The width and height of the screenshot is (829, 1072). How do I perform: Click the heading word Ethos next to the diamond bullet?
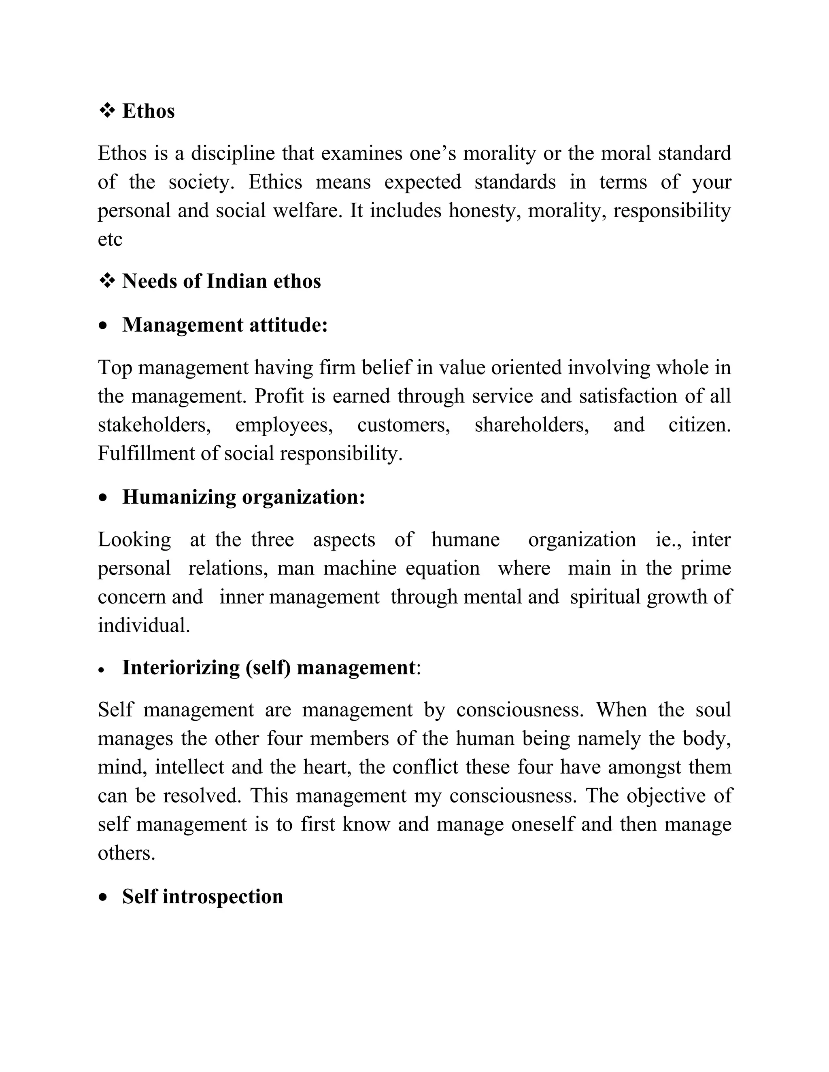pyautogui.click(x=148, y=111)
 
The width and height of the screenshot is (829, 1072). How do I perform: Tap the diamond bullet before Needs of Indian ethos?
pyautogui.click(x=106, y=281)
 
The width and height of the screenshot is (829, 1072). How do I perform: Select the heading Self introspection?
pyautogui.click(x=202, y=896)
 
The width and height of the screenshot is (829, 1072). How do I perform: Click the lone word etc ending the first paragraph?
pyautogui.click(x=110, y=239)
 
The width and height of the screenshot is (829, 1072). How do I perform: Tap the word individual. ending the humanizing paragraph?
pyautogui.click(x=143, y=625)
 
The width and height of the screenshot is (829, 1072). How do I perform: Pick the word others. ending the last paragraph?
pyautogui.click(x=126, y=853)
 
